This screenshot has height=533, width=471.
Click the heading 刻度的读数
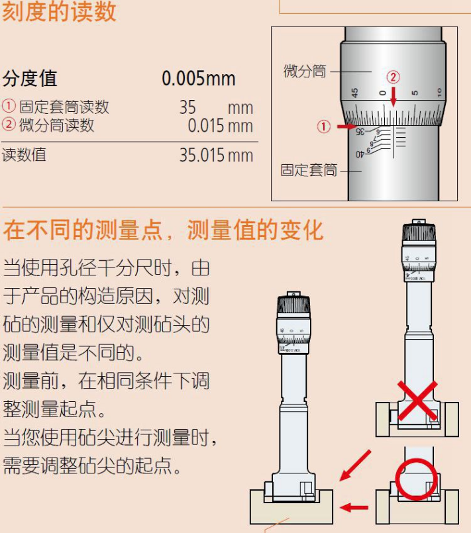[59, 11]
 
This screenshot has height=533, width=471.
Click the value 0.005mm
[199, 79]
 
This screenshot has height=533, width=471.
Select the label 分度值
[30, 78]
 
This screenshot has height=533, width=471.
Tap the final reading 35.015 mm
[216, 155]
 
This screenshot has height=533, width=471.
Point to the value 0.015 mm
[221, 125]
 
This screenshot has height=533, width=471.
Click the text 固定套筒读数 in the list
[64, 107]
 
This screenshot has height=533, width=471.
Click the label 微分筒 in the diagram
[305, 71]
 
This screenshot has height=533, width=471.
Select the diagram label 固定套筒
[309, 170]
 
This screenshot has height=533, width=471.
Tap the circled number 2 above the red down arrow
[393, 77]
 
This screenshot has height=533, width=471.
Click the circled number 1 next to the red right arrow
[323, 126]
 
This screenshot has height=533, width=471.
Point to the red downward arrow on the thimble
[393, 97]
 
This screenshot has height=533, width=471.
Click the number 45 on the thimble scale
[354, 93]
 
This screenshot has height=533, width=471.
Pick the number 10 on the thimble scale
[439, 92]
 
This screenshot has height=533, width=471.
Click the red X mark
[417, 400]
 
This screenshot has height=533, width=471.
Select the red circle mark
[416, 479]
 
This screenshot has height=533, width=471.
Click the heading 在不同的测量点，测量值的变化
[163, 230]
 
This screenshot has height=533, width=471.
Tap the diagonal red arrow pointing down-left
[355, 465]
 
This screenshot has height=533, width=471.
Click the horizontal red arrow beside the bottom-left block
[354, 507]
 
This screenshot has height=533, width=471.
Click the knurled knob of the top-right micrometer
[419, 234]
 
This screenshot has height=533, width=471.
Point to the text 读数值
[24, 155]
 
